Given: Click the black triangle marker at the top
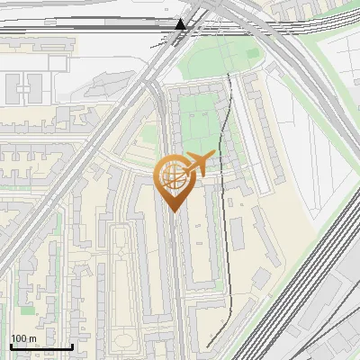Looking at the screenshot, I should [181, 24].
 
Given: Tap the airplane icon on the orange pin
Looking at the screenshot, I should [199, 163].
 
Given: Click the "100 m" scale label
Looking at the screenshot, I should [23, 338].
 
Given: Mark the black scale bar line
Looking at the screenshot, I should [40, 346].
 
